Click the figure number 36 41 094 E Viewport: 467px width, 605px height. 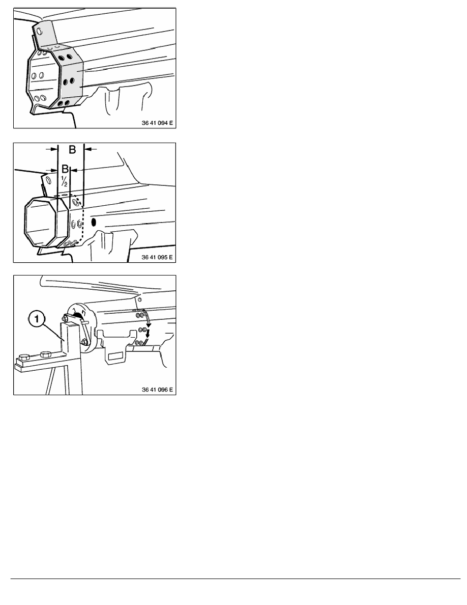coord(157,123)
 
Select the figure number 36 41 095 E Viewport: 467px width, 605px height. coord(157,257)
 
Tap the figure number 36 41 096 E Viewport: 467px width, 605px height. coord(157,390)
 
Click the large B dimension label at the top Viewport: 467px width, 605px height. coord(72,149)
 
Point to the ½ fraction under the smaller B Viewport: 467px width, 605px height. coord(64,181)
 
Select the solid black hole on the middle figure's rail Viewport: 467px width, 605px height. coord(93,222)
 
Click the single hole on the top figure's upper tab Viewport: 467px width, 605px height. coord(39,31)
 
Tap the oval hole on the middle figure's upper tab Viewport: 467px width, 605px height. coord(49,180)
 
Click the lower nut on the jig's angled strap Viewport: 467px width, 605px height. coord(84,342)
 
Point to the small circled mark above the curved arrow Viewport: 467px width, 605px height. coord(140,299)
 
